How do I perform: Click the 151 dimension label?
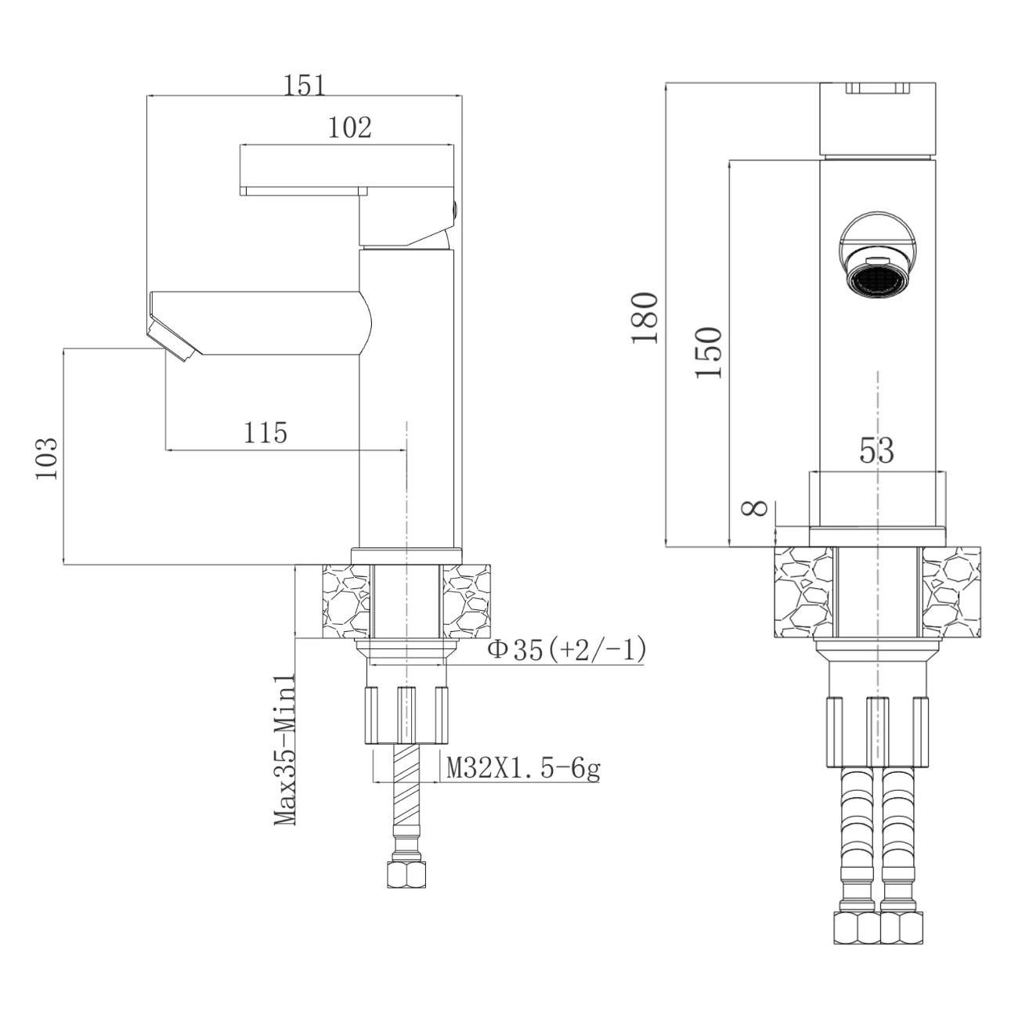tap(305, 85)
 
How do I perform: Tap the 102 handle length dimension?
tap(350, 128)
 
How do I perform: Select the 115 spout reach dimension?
tap(265, 433)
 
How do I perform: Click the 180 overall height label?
tap(645, 318)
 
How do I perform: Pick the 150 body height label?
tap(709, 352)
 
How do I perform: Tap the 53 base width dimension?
tap(876, 450)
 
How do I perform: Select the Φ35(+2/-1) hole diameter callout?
tap(566, 650)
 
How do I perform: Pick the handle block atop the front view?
tap(878, 119)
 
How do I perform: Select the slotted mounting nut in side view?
tap(406, 715)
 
